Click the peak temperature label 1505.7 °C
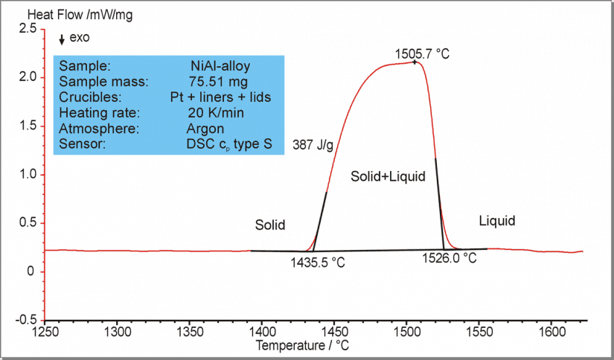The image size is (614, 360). tap(423, 54)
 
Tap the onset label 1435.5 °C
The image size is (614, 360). tap(319, 262)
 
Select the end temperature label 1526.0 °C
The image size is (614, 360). tap(449, 258)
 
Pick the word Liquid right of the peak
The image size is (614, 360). tap(497, 221)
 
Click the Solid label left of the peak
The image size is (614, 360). tap(270, 225)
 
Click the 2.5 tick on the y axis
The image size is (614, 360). tap(28, 28)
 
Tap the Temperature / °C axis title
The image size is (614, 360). tap(302, 346)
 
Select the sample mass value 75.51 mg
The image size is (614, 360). tap(219, 81)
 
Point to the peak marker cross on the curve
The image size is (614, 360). tap(415, 62)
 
